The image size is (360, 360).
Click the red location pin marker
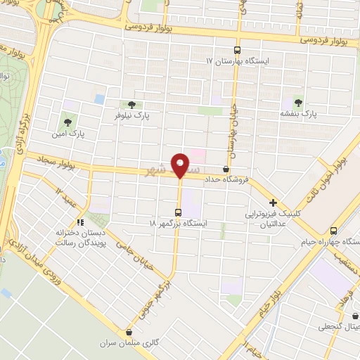pyautogui.click(x=180, y=165)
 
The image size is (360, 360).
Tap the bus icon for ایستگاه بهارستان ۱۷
pyautogui.click(x=237, y=50)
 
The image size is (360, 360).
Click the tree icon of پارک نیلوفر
pyautogui.click(x=131, y=105)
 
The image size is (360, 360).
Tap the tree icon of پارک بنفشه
pyautogui.click(x=300, y=102)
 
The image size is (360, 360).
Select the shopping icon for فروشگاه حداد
pyautogui.click(x=226, y=169)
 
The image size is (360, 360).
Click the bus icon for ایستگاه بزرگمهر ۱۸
pyautogui.click(x=179, y=212)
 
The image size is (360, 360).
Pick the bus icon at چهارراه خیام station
pyautogui.click(x=334, y=231)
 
